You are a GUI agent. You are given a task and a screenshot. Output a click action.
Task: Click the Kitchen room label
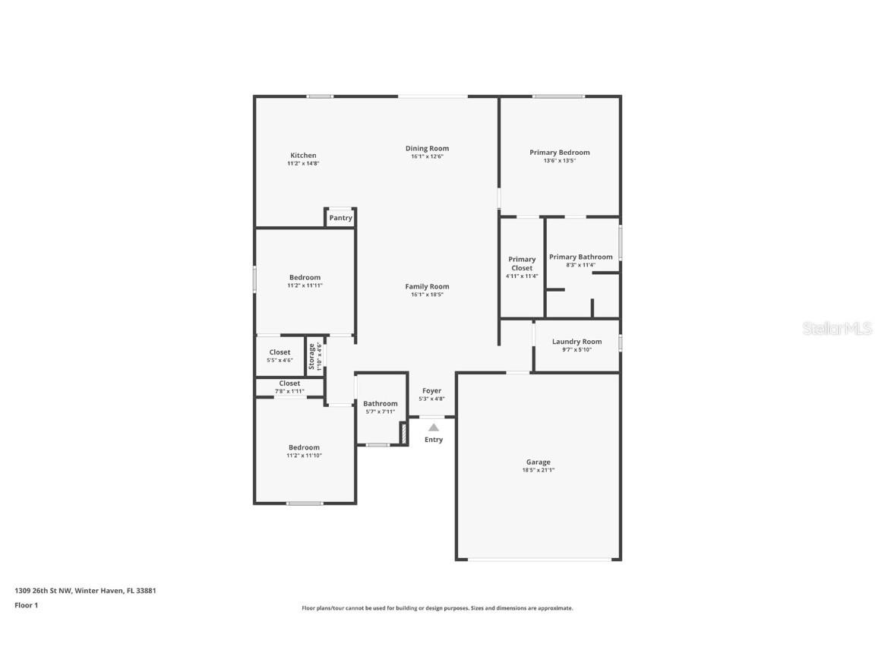303,156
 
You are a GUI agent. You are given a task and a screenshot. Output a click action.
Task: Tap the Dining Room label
427,149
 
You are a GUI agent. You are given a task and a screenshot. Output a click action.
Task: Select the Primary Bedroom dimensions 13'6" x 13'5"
559,161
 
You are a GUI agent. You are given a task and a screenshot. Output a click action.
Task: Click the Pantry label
341,218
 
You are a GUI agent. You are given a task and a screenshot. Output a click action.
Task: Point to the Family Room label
427,286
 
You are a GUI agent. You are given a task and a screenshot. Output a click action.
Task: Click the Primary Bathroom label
581,257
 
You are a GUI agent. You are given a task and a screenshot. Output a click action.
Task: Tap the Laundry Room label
576,342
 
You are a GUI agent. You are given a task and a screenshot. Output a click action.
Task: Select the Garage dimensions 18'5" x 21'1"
539,470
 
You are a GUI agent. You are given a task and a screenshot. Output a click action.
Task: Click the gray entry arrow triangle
433,427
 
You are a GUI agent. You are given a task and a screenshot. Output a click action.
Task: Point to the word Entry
434,440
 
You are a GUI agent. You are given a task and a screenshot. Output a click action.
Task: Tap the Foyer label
431,391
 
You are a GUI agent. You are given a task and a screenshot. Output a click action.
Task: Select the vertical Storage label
311,356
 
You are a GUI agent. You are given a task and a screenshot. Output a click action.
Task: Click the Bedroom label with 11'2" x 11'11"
305,277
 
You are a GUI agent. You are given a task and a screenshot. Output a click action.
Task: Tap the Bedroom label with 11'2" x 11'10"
304,447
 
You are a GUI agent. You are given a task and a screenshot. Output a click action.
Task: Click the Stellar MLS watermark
837,329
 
